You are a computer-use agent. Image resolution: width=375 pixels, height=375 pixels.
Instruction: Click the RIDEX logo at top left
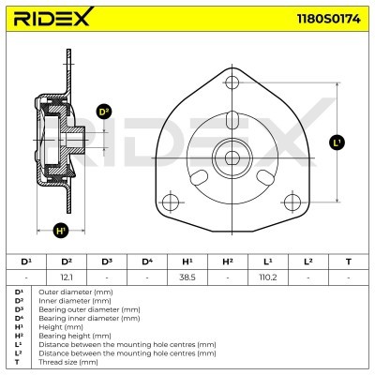53,19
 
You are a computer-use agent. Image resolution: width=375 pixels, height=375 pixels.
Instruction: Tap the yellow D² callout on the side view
104,112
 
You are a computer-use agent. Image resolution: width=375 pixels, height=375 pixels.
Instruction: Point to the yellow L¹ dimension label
337,142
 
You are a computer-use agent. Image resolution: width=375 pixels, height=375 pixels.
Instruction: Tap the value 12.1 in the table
67,277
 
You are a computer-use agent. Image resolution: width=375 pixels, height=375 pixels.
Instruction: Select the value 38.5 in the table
187,277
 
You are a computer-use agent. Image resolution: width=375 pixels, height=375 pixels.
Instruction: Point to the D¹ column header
26,261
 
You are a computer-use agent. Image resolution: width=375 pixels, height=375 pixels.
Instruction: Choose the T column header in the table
348,261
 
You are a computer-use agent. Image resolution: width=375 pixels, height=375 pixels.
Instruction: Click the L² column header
307,261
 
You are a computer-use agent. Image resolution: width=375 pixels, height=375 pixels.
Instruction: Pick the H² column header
227,261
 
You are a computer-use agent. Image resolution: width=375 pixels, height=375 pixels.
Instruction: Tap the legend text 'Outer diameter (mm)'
70,292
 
